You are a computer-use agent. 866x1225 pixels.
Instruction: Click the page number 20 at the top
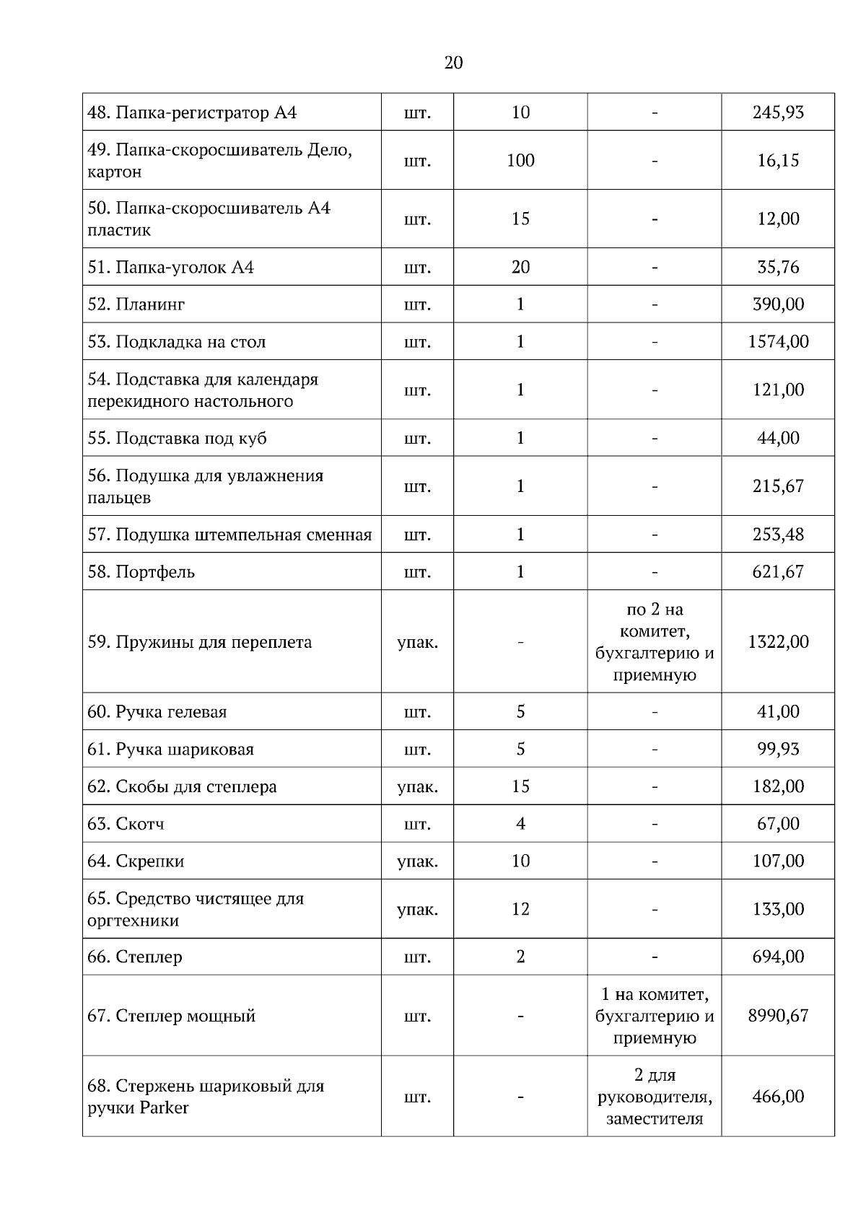(x=453, y=63)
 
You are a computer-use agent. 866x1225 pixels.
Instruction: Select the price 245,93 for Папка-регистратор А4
(x=778, y=112)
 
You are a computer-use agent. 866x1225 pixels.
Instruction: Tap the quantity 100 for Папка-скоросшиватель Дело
(x=520, y=160)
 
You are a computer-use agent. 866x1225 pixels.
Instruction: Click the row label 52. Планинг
(x=136, y=304)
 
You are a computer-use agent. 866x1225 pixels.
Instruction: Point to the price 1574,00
(x=778, y=341)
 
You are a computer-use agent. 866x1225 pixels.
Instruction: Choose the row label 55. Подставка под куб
(x=177, y=439)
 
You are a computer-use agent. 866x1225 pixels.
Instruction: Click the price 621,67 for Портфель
(x=778, y=572)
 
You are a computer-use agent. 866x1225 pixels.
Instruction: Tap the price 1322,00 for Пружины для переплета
(x=778, y=641)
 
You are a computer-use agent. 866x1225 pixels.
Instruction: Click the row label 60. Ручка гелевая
(x=157, y=712)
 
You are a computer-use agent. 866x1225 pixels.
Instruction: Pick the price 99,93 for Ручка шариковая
(x=778, y=749)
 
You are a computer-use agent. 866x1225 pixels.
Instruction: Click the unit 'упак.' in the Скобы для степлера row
(x=417, y=786)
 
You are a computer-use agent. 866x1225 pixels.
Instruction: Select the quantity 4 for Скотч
(x=520, y=823)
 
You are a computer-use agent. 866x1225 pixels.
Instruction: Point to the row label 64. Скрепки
(x=136, y=861)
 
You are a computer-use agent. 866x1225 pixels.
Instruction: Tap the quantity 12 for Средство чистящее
(x=520, y=909)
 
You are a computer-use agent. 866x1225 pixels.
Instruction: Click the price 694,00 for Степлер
(x=778, y=957)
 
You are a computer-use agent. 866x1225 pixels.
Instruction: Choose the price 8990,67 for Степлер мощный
(x=778, y=1016)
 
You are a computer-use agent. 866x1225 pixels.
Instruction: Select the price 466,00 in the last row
(x=778, y=1097)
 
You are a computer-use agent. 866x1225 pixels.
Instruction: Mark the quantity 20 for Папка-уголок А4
(x=520, y=267)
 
